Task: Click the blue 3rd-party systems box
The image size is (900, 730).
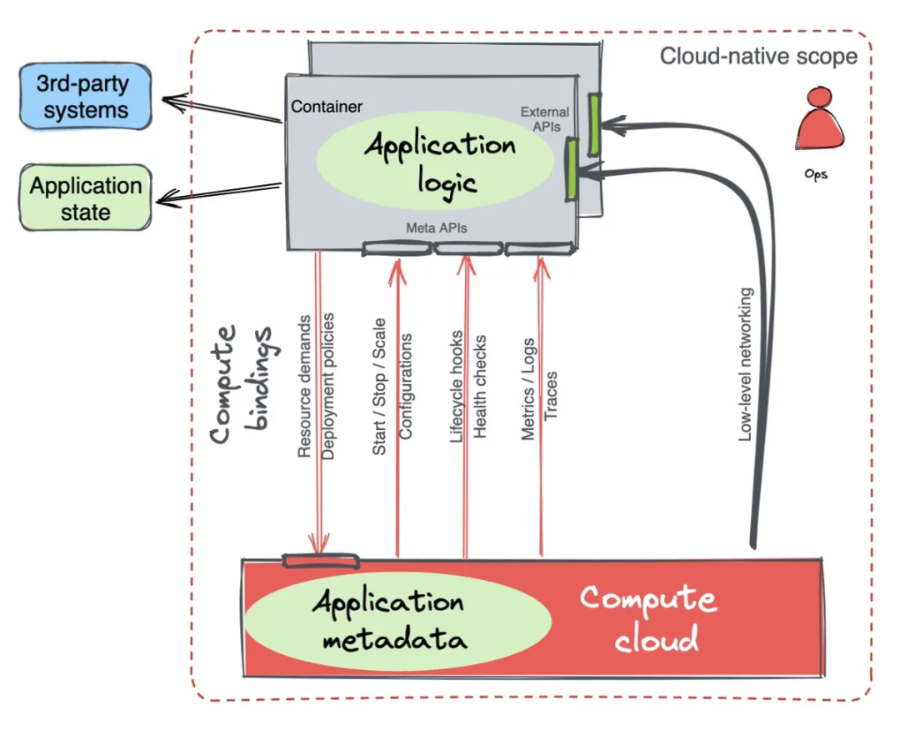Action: [86, 97]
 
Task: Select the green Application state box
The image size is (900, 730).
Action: [86, 197]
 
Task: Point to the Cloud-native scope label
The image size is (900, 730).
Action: [758, 57]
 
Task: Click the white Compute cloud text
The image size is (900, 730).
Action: [647, 618]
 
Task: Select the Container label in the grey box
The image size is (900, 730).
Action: [327, 107]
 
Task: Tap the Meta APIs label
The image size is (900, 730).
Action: [435, 227]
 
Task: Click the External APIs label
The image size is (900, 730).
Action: [544, 119]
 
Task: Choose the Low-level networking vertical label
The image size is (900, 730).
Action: [747, 364]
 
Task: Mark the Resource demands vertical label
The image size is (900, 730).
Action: [305, 386]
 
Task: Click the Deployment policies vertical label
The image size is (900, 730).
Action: [328, 386]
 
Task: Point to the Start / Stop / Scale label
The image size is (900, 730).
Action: [380, 386]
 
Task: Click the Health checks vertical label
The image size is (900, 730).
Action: [481, 386]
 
